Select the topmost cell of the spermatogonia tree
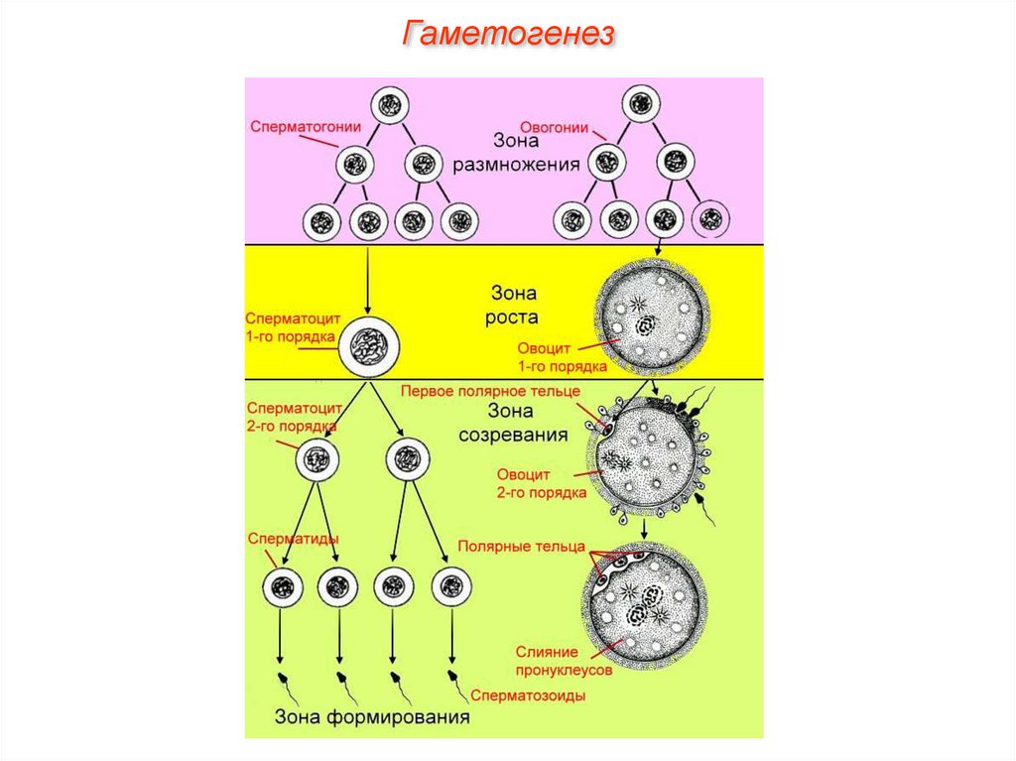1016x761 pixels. pos(390,104)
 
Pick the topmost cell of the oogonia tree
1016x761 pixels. pos(643,102)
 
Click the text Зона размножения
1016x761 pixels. pos(516,154)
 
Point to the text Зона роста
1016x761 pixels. pos(515,306)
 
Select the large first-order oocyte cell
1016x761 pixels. pos(651,317)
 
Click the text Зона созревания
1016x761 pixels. pos(513,423)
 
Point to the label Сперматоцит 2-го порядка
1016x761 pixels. pos(295,417)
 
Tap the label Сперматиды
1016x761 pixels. pos(293,538)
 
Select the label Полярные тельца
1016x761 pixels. pos(521,547)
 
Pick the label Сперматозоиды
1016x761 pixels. pos(528,696)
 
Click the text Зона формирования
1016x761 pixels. pos(371,717)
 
